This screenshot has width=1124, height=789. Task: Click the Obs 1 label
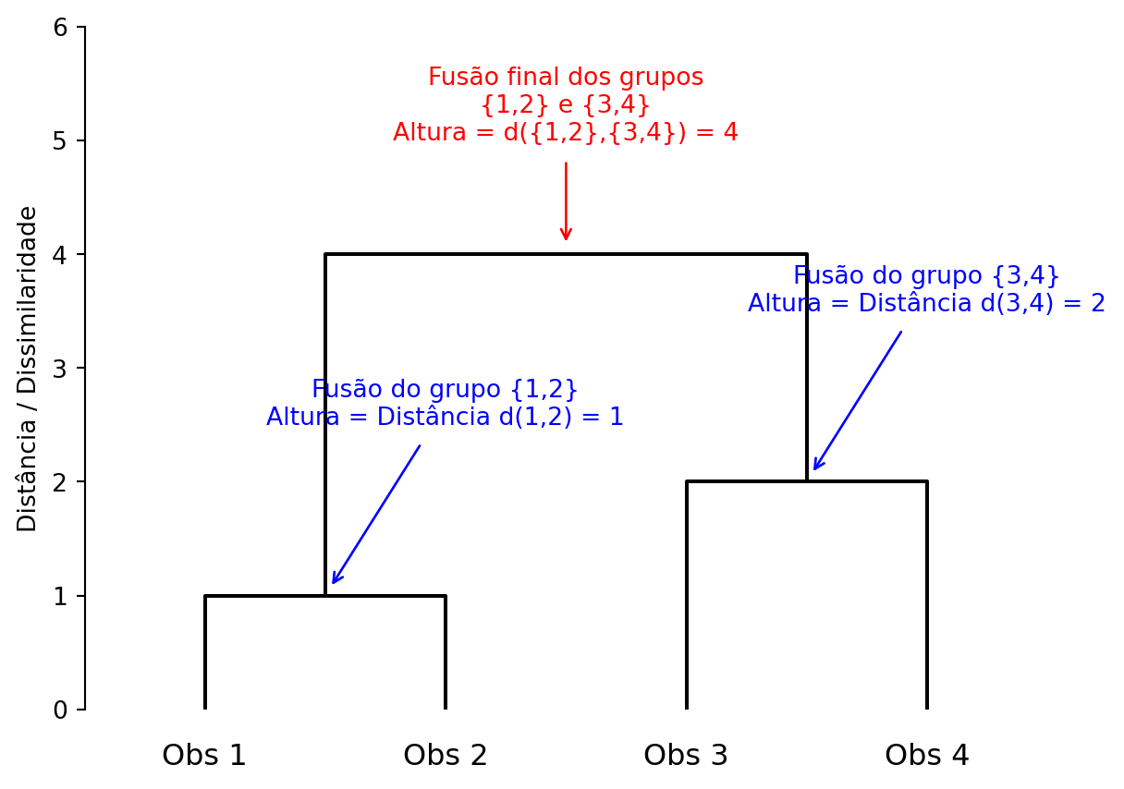coord(204,756)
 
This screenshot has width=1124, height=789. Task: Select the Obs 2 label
coord(446,756)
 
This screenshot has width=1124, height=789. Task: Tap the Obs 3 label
coord(686,756)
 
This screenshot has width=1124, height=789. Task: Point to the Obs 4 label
coord(927,756)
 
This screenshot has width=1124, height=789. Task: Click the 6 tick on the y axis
coord(60,28)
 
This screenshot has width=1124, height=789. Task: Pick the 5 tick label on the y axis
coord(60,141)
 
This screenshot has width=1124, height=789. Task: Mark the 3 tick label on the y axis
coord(60,369)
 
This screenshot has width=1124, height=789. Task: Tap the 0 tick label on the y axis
coord(60,710)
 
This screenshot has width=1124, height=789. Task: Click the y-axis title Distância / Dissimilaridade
coord(28,369)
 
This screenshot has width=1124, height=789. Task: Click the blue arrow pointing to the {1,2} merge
coord(376,515)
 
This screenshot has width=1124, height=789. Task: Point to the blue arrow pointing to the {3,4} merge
coord(857,401)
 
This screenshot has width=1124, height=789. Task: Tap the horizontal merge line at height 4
coord(566,254)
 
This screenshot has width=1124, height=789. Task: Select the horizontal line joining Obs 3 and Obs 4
coord(869,481)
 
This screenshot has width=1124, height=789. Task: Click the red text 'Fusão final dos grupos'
coord(566,78)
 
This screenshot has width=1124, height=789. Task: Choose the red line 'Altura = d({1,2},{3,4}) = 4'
coord(566,133)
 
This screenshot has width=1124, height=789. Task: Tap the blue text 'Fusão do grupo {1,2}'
coord(445,390)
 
